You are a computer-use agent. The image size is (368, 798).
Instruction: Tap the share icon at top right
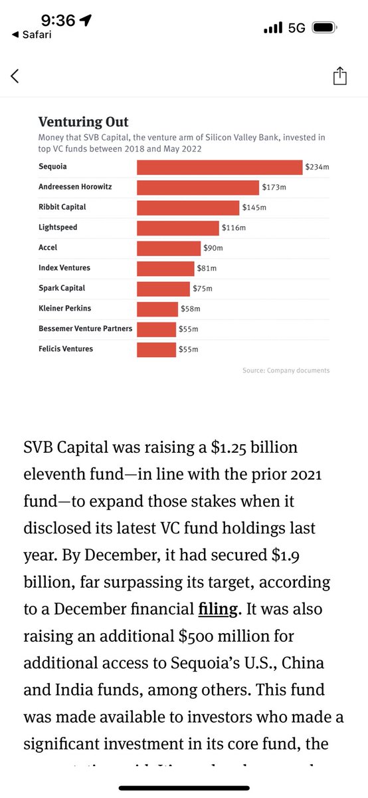coord(339,76)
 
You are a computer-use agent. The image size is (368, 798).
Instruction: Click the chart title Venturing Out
coord(83,122)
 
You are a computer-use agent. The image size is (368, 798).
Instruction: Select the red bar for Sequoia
coord(219,167)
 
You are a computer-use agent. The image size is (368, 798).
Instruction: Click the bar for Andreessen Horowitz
coord(197,188)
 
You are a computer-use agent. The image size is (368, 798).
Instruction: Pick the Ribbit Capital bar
coord(188,207)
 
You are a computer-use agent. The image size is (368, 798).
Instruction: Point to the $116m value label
coord(234,228)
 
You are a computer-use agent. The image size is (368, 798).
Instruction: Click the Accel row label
coord(48,247)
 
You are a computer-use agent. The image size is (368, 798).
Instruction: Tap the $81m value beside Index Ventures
coord(205,269)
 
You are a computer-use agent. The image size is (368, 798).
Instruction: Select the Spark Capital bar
coord(163,289)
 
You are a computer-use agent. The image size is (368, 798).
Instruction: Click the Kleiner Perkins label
coord(65,309)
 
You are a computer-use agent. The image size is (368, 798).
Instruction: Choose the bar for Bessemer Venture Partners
coord(156,329)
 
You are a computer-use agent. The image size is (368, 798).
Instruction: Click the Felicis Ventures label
coord(66,349)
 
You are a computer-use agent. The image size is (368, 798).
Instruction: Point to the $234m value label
coord(317,168)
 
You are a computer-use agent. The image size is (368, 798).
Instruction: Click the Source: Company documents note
coord(286,370)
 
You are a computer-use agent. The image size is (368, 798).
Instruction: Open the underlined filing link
coord(215,609)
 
